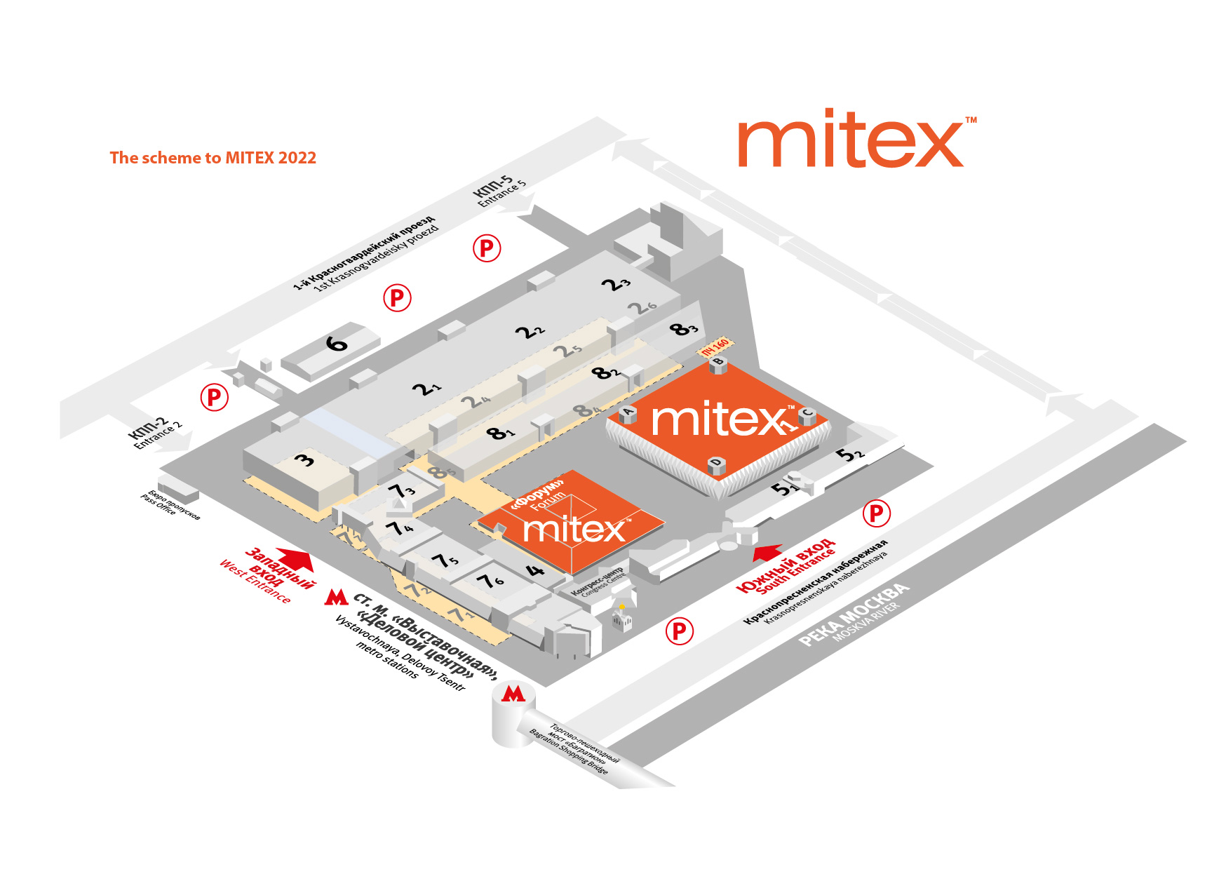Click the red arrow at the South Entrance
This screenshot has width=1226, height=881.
coord(767,553)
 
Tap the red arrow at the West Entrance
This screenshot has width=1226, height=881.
coord(297,558)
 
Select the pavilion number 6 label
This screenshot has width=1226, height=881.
coord(337,344)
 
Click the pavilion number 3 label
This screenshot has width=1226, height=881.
coord(305,461)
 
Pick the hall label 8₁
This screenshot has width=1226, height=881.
coord(500,433)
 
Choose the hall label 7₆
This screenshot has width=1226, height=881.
coord(490,581)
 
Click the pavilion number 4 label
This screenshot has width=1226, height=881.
coord(535,570)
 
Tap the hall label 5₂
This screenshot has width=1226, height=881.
coord(850,455)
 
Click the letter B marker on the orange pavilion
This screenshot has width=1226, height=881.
coord(718,362)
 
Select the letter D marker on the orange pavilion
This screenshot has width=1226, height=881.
coord(716,462)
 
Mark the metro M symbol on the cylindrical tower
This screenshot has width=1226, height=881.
coord(513,694)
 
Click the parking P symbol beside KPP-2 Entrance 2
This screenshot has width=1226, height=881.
coord(215,398)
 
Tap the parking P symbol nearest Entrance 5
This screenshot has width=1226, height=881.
coord(487,248)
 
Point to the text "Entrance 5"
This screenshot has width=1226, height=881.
coord(502,194)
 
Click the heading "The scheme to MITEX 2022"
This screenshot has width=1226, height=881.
coord(213,158)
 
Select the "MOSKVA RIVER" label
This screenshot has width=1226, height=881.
coord(865,622)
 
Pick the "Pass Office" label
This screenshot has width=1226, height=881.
coord(158,504)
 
